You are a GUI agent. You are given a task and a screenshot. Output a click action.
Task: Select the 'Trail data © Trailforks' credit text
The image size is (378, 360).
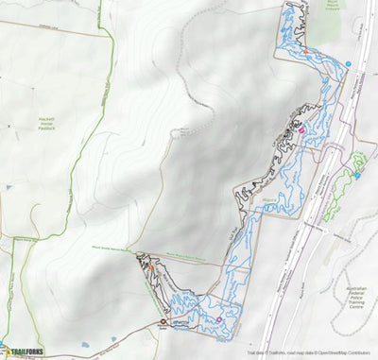(x=269, y=355)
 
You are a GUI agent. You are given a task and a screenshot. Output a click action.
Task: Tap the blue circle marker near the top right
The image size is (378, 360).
(x=348, y=64)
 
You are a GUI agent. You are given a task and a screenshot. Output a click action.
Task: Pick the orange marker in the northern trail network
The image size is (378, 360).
(x=305, y=50)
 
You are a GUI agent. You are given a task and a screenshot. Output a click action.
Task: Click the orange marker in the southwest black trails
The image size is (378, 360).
(x=148, y=268)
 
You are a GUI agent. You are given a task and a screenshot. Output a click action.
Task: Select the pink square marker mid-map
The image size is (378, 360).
(x=301, y=131)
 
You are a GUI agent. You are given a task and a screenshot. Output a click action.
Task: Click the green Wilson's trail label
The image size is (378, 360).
(x=266, y=200)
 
